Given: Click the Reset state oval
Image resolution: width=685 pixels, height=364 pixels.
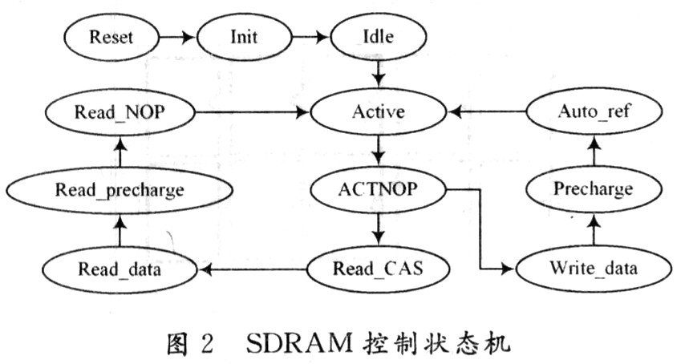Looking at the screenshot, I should (x=110, y=36).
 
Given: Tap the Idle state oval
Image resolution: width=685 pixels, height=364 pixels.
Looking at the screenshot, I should (x=376, y=36).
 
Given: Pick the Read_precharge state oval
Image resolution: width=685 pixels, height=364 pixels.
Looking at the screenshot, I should (x=120, y=190).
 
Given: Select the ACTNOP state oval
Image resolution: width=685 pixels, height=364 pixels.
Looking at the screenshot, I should (x=376, y=190).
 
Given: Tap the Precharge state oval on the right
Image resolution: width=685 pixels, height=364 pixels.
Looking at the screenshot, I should (x=594, y=190).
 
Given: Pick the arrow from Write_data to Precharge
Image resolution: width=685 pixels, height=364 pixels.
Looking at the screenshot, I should (x=594, y=230).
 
